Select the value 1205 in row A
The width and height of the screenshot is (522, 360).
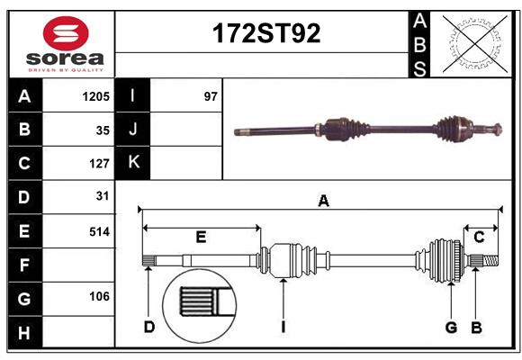coord(96,96)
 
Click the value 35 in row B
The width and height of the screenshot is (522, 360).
coord(103,130)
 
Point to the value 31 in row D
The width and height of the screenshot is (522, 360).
coord(103,195)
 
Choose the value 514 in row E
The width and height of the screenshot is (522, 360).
coord(99,231)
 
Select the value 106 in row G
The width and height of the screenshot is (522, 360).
coord(99,296)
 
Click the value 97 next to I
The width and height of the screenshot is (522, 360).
coord(211,96)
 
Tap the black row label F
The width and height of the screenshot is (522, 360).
coord(24,265)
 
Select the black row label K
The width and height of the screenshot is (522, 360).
coord(132,163)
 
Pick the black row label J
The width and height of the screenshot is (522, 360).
coord(132,130)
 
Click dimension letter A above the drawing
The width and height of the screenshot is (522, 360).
coord(323,202)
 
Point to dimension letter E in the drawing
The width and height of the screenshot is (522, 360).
coord(201,238)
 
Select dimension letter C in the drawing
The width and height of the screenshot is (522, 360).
coord(480,238)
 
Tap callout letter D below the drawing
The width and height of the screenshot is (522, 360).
coord(149,327)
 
